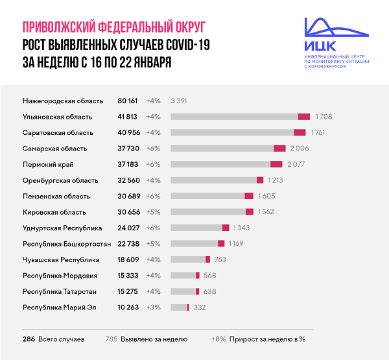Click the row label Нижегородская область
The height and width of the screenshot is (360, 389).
(x=63, y=101)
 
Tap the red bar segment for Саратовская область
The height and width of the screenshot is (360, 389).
(x=300, y=132)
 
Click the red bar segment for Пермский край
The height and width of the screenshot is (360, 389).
(x=276, y=164)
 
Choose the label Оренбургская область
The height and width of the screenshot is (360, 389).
(x=60, y=180)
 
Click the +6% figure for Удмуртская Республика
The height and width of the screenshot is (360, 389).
(x=153, y=228)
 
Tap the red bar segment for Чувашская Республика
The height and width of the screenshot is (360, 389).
(x=207, y=259)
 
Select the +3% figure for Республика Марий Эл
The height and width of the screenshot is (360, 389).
(x=153, y=307)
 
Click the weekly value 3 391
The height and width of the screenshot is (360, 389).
(x=179, y=101)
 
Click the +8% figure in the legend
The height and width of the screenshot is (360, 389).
(x=219, y=339)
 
